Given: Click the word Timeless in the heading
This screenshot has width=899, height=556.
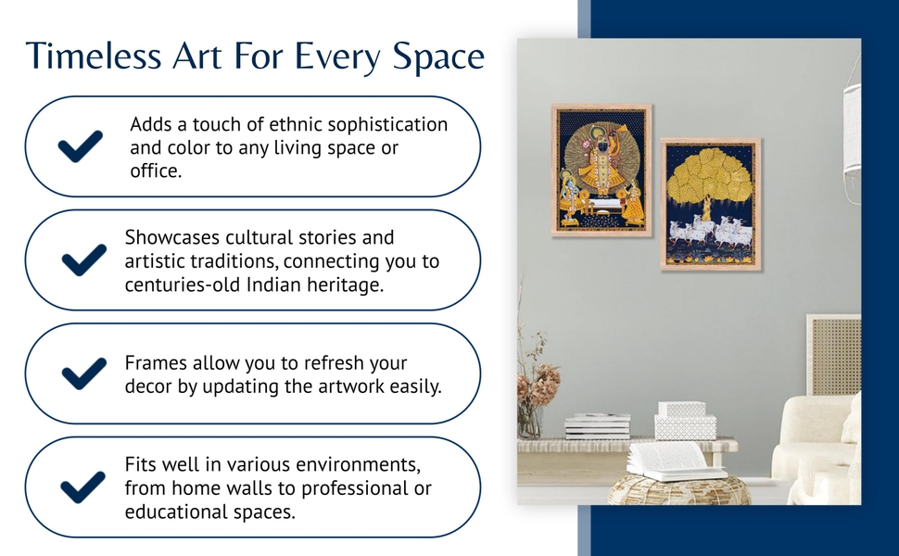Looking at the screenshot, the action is (x=94, y=56).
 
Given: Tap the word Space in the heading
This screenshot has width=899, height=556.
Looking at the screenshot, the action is (x=438, y=57).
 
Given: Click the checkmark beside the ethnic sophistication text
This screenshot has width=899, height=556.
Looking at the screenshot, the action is (x=81, y=146).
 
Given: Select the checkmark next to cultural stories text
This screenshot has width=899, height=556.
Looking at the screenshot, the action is (x=84, y=259).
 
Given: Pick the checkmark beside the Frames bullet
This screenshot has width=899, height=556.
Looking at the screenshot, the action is (x=84, y=373).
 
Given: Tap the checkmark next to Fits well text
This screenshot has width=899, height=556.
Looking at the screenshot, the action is (x=83, y=487).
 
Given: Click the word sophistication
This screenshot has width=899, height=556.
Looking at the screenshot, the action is (x=387, y=125).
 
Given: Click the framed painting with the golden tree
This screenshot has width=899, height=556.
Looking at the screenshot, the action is (x=710, y=204).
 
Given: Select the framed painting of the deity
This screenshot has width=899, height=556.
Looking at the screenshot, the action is (x=601, y=171).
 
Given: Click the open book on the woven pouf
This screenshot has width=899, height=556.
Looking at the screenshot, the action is (x=676, y=461).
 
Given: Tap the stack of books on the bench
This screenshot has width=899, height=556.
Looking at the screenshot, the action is (x=598, y=426).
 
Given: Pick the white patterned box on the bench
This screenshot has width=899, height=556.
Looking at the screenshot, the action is (x=685, y=422).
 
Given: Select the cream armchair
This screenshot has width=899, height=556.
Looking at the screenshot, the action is (x=817, y=447).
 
